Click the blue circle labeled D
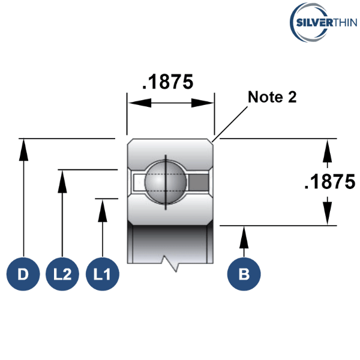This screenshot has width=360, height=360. pyautogui.click(x=23, y=274)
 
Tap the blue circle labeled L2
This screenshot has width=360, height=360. pyautogui.click(x=62, y=274)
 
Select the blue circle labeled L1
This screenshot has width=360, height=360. pyautogui.click(x=103, y=274)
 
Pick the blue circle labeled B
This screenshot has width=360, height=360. pyautogui.click(x=244, y=274)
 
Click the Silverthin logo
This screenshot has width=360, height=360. pyautogui.click(x=323, y=23)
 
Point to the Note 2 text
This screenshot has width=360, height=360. pyautogui.click(x=272, y=97)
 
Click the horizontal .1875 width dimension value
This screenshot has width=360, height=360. pyautogui.click(x=168, y=82)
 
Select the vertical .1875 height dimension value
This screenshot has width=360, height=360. pyautogui.click(x=330, y=182)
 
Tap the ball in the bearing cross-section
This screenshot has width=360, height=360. pyautogui.click(x=166, y=182)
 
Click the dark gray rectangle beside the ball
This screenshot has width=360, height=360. pyautogui.click(x=199, y=182)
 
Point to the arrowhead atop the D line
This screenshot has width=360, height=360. pyautogui.click(x=23, y=150)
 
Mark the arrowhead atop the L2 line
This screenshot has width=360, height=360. pyautogui.click(x=62, y=182)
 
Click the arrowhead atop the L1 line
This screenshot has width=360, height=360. pyautogui.click(x=103, y=211)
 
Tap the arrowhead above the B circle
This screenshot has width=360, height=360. pyautogui.click(x=244, y=237)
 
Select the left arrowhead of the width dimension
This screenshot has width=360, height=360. pyautogui.click(x=140, y=103)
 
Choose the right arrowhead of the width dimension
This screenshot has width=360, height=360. pyautogui.click(x=203, y=103)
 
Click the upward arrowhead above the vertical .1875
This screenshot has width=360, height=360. pyautogui.click(x=327, y=151)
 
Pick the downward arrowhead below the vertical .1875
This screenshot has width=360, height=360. pyautogui.click(x=327, y=213)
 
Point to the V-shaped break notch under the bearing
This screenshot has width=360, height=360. pyautogui.click(x=170, y=263)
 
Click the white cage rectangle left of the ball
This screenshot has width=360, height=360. pyautogui.click(x=139, y=182)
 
